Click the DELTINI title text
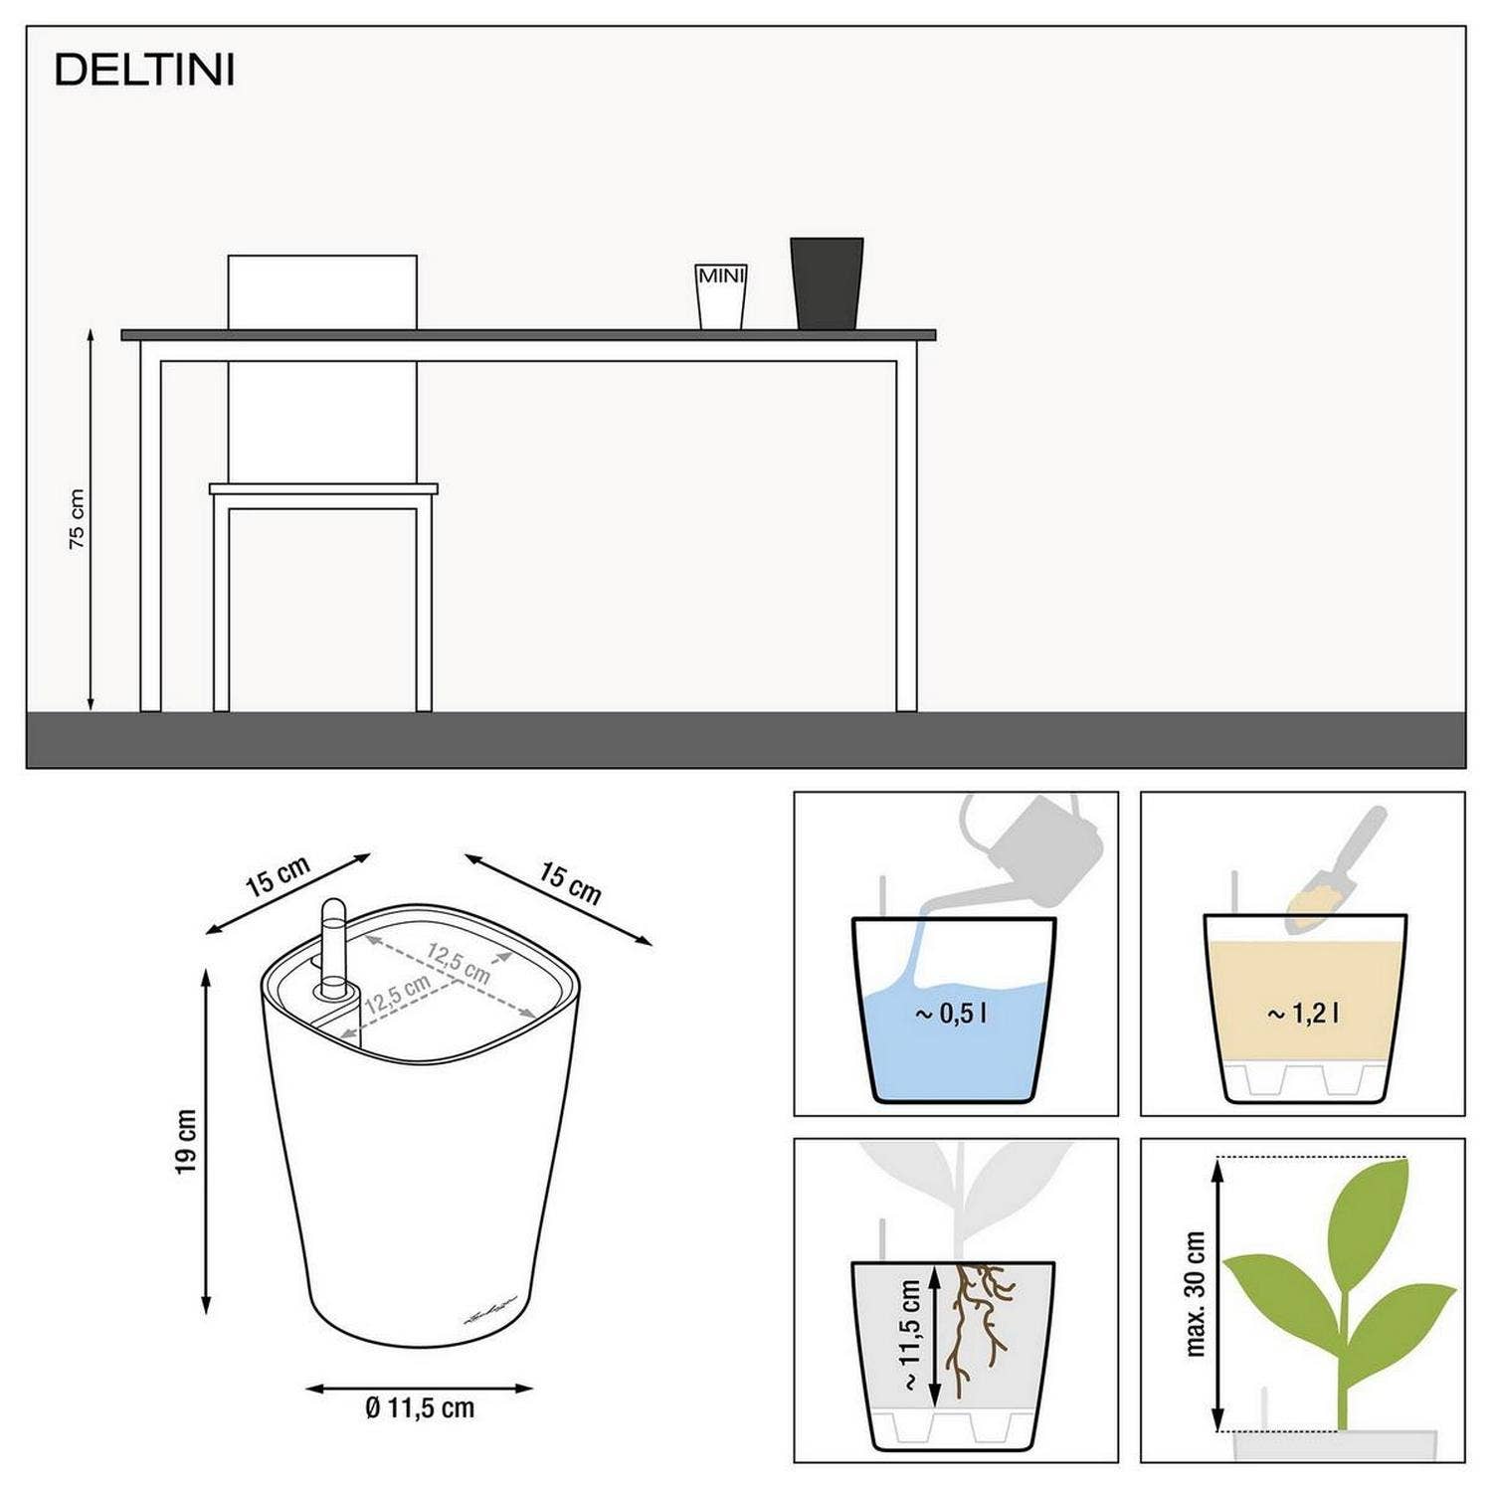click(x=144, y=71)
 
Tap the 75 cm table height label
click(x=77, y=518)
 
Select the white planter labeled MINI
click(x=720, y=295)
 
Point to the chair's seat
click(x=323, y=489)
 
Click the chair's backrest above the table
click(x=322, y=291)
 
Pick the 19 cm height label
click(x=186, y=1141)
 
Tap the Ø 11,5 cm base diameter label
click(x=420, y=1407)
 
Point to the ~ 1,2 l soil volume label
click(x=1303, y=1014)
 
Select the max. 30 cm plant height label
click(x=1196, y=1293)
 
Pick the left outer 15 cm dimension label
click(x=278, y=876)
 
